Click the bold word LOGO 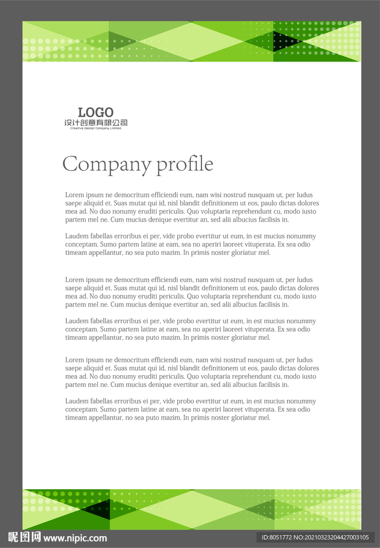pos(96,112)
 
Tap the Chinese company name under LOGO pos(96,123)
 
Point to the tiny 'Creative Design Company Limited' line pos(96,128)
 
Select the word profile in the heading pos(184,164)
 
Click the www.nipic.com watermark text pos(75,538)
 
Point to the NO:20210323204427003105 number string pos(332,537)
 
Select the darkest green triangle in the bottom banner pos(102,509)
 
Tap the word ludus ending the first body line pos(304,195)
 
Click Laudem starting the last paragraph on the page pos(76,401)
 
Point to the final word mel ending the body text pos(265,417)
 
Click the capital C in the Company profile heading pos(71,164)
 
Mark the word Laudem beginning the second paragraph pos(76,236)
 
